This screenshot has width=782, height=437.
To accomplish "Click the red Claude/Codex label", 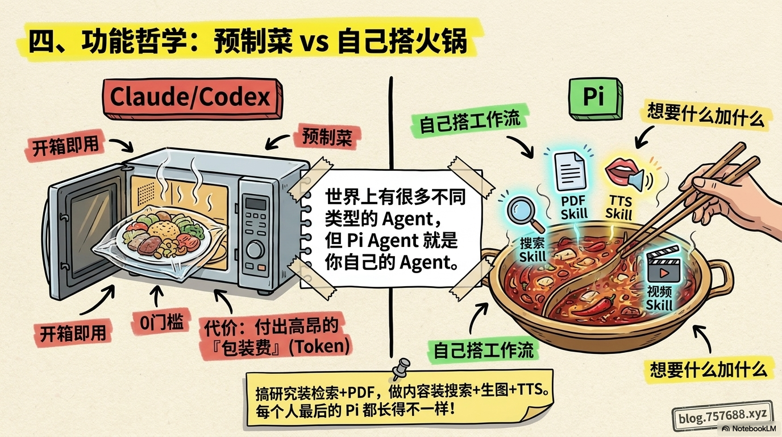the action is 192,98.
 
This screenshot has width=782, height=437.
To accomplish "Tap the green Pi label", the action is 596,98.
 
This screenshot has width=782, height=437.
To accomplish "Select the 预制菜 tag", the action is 327,137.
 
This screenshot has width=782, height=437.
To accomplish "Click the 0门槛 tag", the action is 161,322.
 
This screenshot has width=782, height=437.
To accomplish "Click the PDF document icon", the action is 570,170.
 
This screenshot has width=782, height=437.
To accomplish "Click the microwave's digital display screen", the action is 256,204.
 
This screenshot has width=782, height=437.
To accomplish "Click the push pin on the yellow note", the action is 401,369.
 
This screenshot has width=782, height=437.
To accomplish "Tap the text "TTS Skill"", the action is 619,207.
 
